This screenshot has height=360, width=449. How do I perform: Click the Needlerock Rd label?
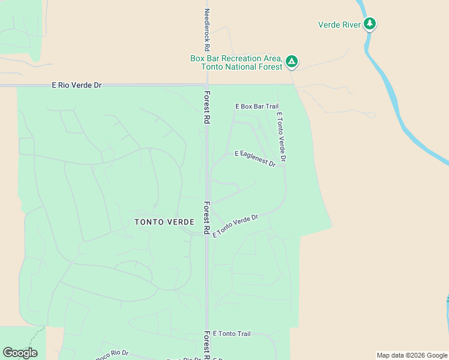[x=207, y=29]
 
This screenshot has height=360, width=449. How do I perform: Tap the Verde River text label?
[x=339, y=25]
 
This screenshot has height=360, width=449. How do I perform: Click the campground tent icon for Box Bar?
[x=292, y=61]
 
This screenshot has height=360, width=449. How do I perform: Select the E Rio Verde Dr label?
[x=77, y=85]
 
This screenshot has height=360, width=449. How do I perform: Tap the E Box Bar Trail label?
[x=256, y=106]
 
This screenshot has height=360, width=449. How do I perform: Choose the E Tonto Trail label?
[x=231, y=334]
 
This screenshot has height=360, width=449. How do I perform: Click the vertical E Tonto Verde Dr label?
[x=281, y=136]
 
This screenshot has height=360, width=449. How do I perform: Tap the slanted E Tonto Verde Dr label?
[x=235, y=226]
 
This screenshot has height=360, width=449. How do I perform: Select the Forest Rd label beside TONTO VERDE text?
[x=206, y=217]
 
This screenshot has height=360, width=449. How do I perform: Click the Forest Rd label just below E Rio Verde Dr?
[x=206, y=107]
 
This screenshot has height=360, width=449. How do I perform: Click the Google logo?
[x=20, y=353]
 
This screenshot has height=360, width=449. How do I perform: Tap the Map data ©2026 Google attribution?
[x=412, y=355]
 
